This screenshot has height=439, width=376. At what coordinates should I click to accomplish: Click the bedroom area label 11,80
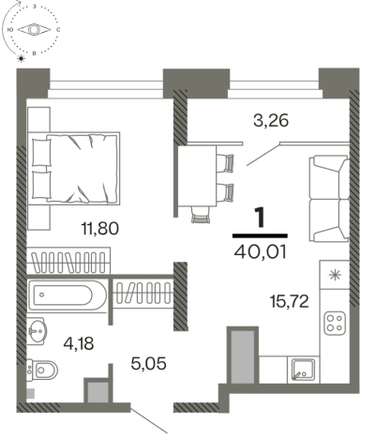[99, 229]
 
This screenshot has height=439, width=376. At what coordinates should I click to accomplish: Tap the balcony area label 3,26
[271, 121]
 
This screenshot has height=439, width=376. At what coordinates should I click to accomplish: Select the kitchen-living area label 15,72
[289, 302]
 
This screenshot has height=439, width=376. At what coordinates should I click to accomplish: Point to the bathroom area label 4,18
[79, 344]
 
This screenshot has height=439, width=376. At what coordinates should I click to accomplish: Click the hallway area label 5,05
[148, 364]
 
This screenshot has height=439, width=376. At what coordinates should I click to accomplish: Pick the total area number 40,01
[260, 252]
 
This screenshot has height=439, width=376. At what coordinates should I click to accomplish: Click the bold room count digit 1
[260, 218]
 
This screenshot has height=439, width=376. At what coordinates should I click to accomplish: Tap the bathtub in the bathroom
[68, 295]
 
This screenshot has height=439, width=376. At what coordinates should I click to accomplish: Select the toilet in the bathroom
[42, 371]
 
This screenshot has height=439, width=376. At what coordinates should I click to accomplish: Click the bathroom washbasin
[37, 331]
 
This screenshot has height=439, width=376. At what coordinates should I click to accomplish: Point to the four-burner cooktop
[335, 323]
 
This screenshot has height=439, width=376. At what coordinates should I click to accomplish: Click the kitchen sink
[303, 370]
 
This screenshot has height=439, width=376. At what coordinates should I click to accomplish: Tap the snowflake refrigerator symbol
[335, 275]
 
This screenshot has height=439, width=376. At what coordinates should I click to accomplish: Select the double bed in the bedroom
[74, 169]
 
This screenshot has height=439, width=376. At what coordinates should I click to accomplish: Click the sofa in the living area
[329, 199]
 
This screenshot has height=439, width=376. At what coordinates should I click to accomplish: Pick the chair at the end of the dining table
[201, 216]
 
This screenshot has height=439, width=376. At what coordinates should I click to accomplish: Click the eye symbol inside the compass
[34, 30]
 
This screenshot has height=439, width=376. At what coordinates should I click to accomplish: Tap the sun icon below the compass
[22, 58]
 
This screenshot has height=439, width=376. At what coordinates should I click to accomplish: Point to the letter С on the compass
[58, 30]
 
